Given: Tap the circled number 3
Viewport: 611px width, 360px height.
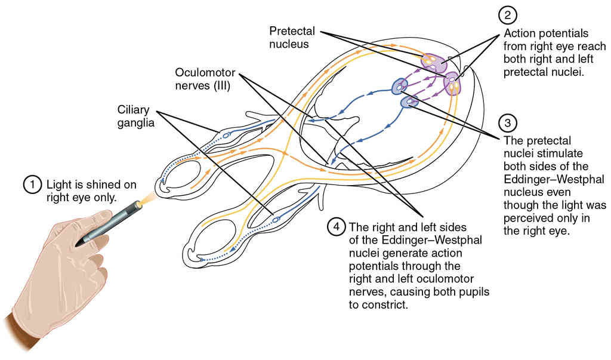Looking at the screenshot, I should (508, 123).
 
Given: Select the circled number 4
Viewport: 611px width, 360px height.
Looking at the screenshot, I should (337, 227).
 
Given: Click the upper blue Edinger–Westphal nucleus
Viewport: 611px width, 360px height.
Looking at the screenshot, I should (399, 87).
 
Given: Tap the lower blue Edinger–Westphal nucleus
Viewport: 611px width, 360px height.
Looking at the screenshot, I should (410, 103).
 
